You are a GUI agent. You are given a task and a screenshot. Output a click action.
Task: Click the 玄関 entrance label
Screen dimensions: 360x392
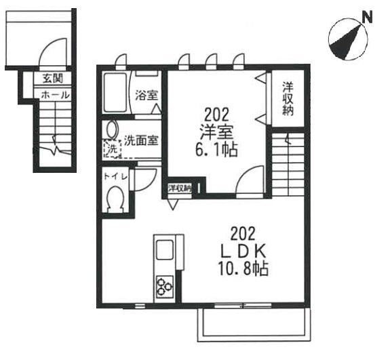(52, 79)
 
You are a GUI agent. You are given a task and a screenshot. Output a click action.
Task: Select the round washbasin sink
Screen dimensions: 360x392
(111, 129)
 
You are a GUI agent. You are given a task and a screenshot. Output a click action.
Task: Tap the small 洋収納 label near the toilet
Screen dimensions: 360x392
(179, 188)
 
